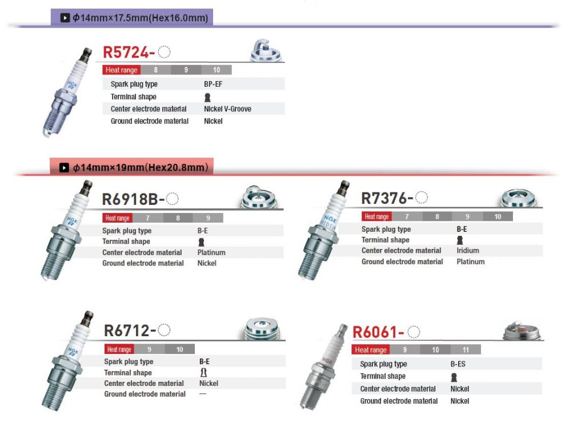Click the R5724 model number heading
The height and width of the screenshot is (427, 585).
click(129, 52)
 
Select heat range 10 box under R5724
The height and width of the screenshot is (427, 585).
click(217, 70)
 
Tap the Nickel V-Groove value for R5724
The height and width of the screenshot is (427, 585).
click(227, 109)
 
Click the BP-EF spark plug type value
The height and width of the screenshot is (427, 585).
click(213, 84)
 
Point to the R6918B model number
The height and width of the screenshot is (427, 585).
click(133, 199)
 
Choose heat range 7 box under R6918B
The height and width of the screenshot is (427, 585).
click(148, 218)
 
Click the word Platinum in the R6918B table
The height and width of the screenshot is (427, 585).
click(211, 252)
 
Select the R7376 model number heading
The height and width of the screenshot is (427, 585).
click(387, 198)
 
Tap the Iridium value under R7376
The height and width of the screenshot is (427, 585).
click(468, 251)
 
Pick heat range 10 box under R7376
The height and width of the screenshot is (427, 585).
click(498, 216)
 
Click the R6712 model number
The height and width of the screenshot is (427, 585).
click(130, 331)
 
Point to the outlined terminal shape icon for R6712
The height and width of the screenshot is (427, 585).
click(203, 372)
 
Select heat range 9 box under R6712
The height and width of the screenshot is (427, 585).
click(149, 349)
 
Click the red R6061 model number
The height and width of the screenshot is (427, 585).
click(378, 332)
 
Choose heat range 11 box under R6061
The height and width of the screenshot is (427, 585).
click(466, 350)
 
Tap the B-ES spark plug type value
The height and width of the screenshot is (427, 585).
click(458, 364)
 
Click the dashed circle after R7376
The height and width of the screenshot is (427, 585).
click(422, 198)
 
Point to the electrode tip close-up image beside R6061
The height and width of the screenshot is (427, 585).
click(522, 329)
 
